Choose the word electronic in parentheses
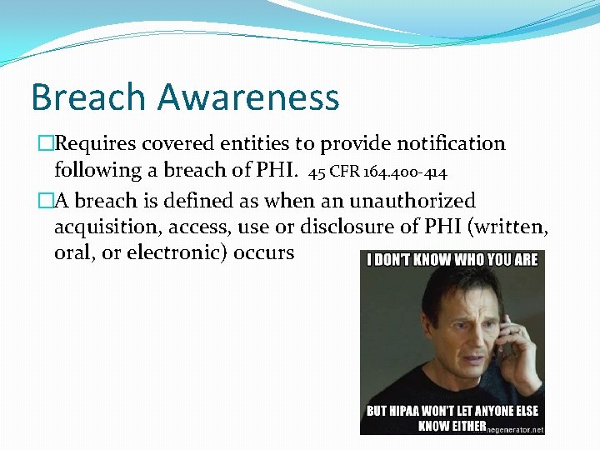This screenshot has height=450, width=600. pos(174,252)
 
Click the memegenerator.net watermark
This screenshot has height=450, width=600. pos(517,428)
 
